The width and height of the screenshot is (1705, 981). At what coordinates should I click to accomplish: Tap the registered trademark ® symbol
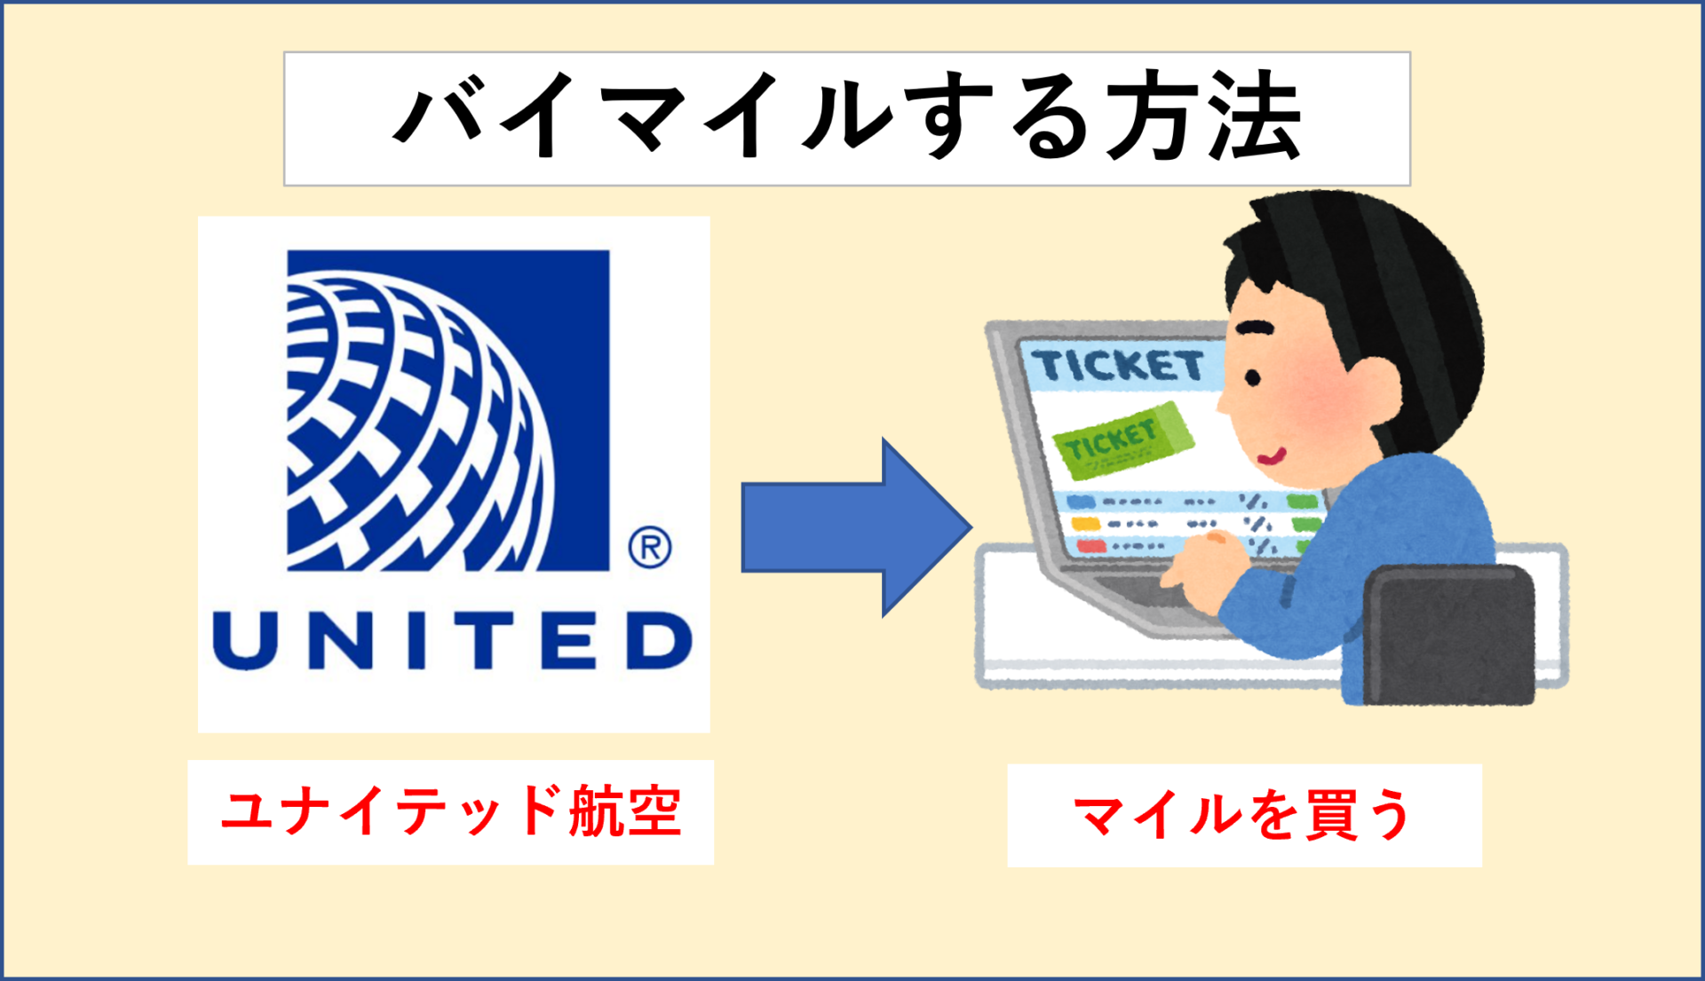[x=650, y=547]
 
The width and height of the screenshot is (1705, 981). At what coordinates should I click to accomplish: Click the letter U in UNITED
[x=244, y=640]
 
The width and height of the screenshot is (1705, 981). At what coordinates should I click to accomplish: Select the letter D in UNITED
[x=660, y=640]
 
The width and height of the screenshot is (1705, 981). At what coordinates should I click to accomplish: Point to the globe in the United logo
[x=417, y=426]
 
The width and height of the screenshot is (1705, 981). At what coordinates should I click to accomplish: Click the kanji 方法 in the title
[x=1203, y=118]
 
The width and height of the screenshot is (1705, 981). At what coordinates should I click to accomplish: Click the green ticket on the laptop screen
[x=1122, y=440]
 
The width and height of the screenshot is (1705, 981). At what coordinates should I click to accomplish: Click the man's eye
[x=1253, y=378]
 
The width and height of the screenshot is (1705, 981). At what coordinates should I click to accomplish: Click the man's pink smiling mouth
[x=1273, y=457]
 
